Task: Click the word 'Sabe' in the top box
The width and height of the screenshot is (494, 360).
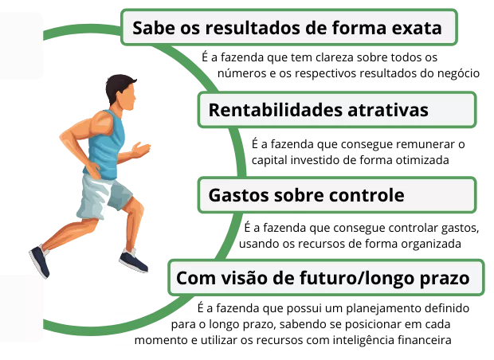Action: point(150,29)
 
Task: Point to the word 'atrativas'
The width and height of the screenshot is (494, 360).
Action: point(389,111)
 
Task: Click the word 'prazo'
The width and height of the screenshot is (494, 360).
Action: point(447,280)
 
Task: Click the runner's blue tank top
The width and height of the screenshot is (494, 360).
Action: point(106,148)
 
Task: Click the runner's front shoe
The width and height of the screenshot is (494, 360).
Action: point(132,261)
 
